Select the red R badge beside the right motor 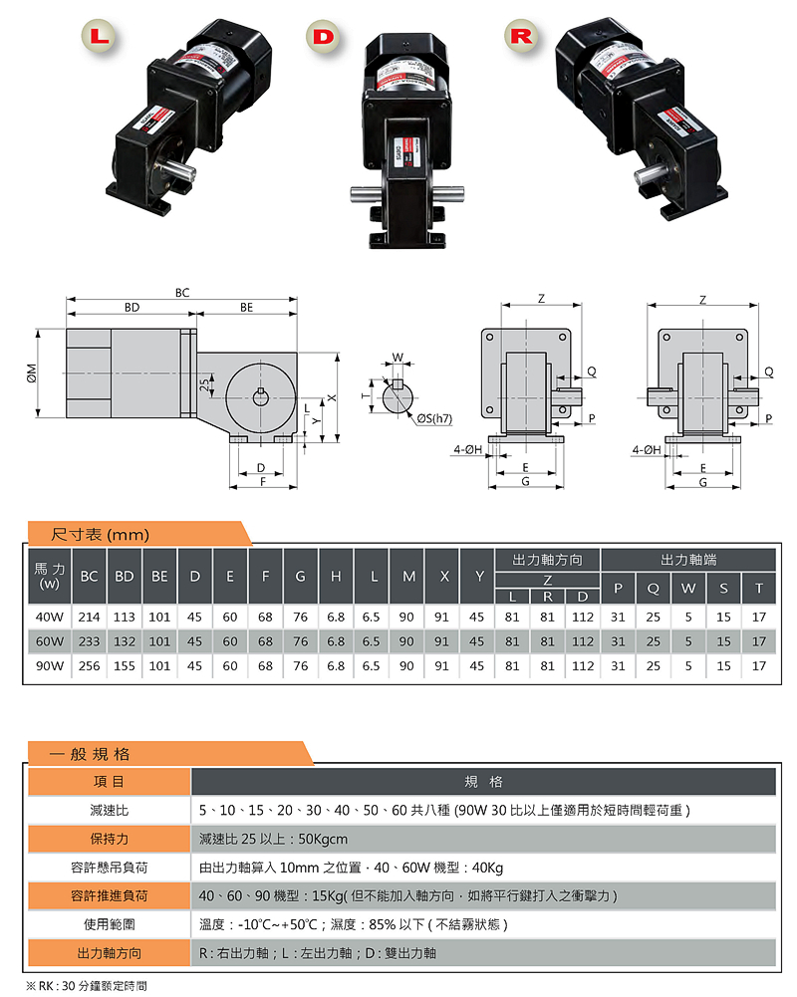pyautogui.click(x=521, y=37)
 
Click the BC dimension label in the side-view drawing pyautogui.click(x=181, y=292)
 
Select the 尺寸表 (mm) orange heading pyautogui.click(x=100, y=535)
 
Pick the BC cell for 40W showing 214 pyautogui.click(x=90, y=617)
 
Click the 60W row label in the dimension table pyautogui.click(x=50, y=641)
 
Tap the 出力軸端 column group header pyautogui.click(x=688, y=560)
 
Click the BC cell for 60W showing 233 pyautogui.click(x=90, y=641)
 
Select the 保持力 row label pyautogui.click(x=109, y=839)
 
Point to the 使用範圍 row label pyautogui.click(x=109, y=924)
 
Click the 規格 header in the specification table pyautogui.click(x=483, y=782)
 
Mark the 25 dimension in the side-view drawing pyautogui.click(x=203, y=384)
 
